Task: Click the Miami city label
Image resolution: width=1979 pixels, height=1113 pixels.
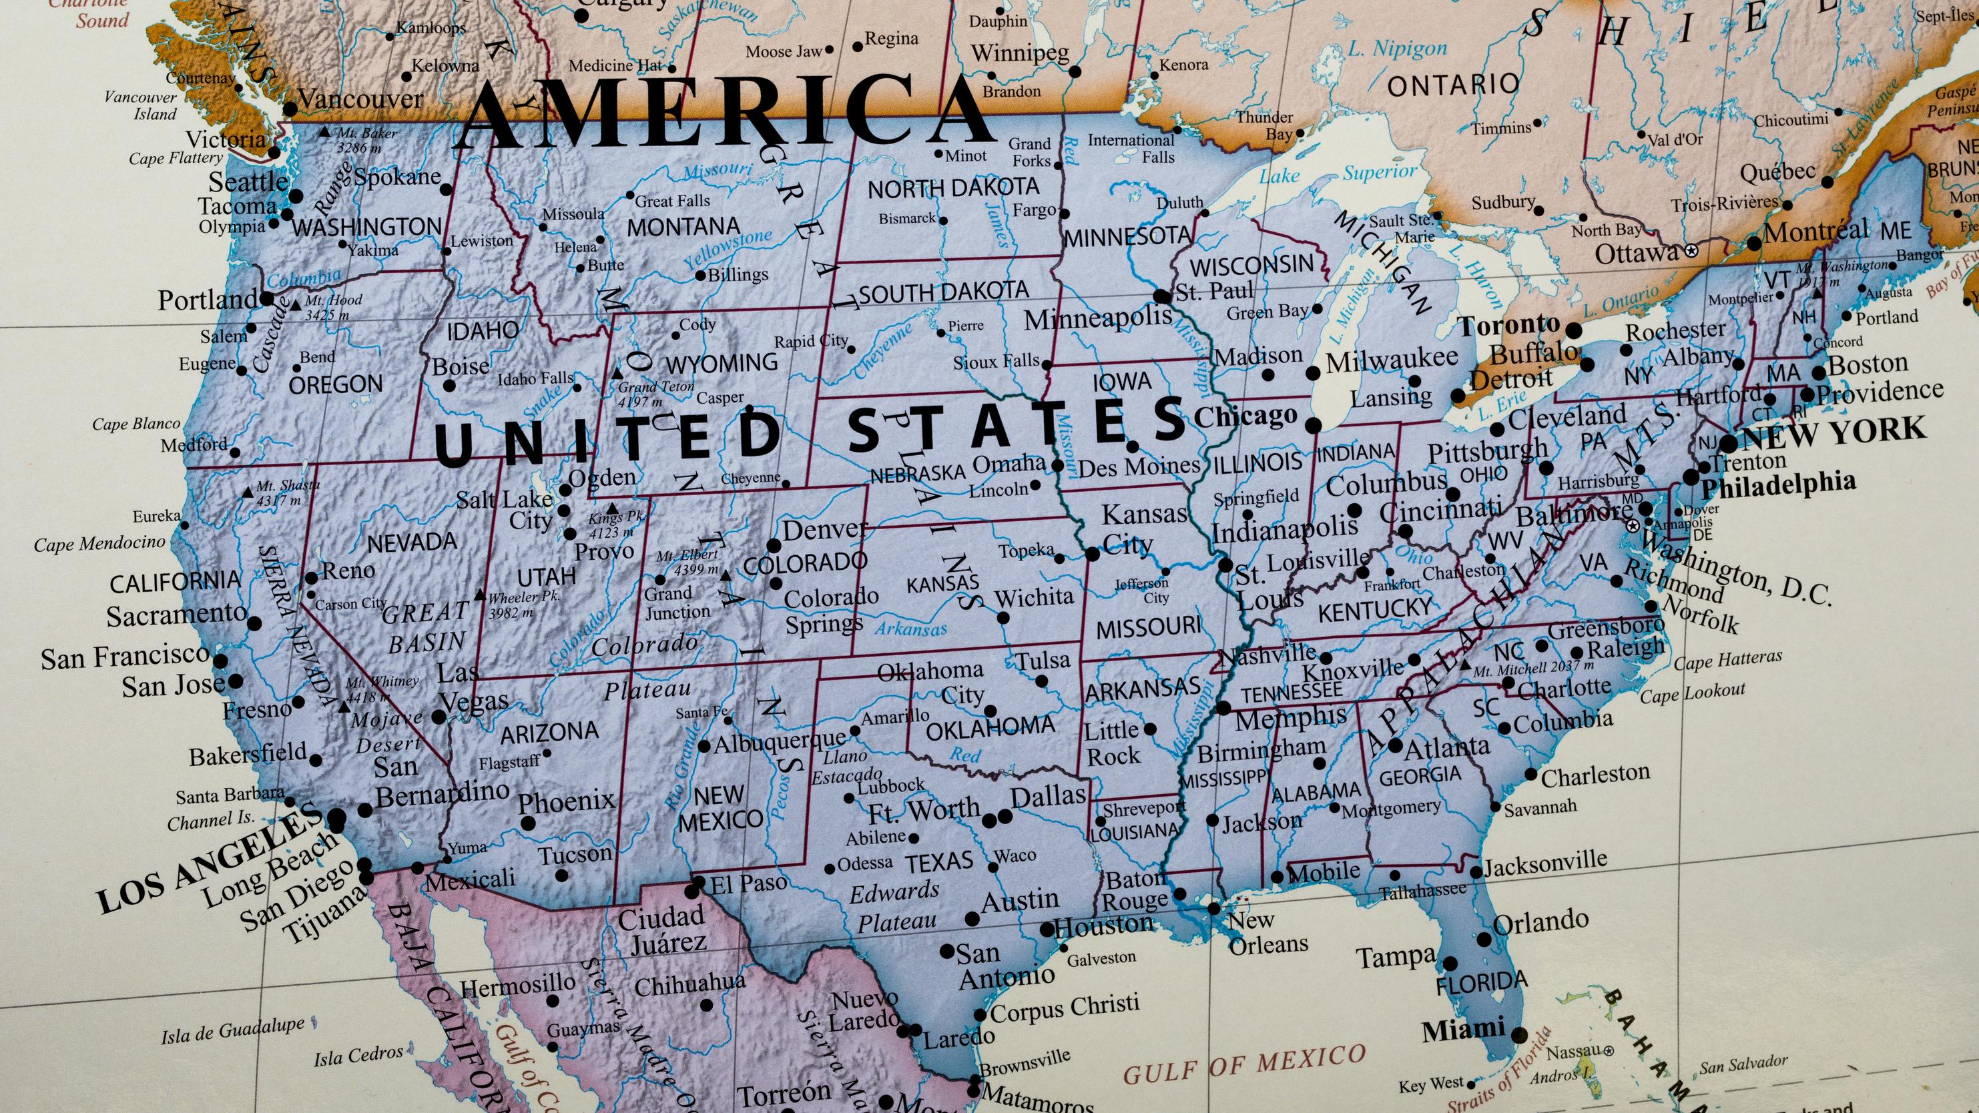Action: click(x=1463, y=1030)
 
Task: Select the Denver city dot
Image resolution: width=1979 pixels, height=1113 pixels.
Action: click(x=774, y=546)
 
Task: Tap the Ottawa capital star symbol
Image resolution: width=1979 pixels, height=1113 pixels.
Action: click(x=1691, y=251)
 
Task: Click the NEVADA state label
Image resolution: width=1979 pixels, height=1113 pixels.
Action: click(x=412, y=543)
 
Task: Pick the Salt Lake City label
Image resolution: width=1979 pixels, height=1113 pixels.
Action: click(x=505, y=509)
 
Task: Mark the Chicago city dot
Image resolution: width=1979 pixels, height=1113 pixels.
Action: click(x=1314, y=425)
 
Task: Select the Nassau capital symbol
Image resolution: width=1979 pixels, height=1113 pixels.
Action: click(x=1609, y=1050)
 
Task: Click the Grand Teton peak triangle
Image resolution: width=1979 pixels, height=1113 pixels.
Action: click(x=617, y=373)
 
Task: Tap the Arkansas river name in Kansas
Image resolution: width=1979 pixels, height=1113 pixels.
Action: click(x=911, y=629)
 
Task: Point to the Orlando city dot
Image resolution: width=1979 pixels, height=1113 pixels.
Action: click(x=1484, y=940)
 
